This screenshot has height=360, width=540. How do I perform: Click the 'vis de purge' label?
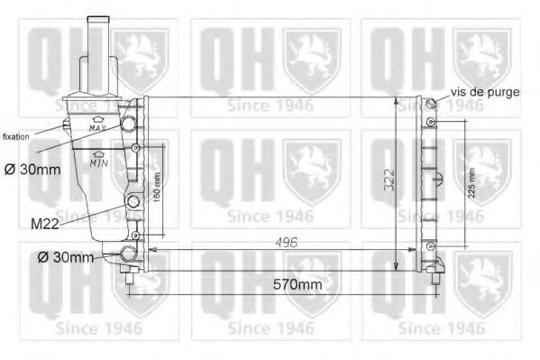(484, 92)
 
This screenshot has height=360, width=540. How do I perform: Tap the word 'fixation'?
(16, 136)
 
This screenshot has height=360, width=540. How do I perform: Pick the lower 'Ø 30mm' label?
(65, 258)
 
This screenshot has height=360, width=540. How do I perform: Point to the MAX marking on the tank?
(97, 128)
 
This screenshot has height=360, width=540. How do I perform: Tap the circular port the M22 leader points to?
(133, 202)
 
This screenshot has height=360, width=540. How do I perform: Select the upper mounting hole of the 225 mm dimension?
(432, 122)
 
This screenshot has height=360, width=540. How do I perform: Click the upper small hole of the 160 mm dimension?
(135, 147)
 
